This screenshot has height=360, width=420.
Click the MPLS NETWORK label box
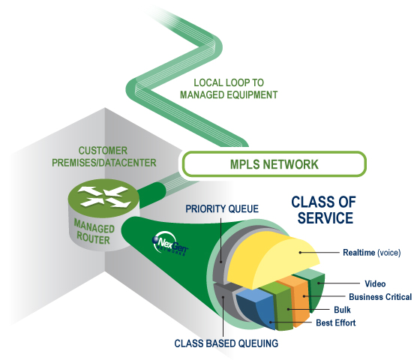274,163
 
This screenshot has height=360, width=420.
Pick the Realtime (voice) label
371,253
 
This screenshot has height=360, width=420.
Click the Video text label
374,284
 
